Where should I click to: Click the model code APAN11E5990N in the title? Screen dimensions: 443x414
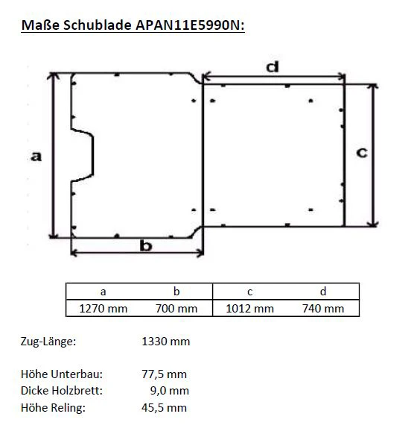(x=189, y=26)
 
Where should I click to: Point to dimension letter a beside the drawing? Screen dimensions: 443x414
(x=35, y=156)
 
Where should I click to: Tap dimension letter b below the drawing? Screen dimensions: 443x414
(x=146, y=245)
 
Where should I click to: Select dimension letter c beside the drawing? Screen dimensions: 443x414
(x=361, y=152)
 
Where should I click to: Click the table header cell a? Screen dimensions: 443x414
(x=103, y=292)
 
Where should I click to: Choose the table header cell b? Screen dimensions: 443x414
(x=176, y=292)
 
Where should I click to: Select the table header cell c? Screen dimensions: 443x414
(x=249, y=292)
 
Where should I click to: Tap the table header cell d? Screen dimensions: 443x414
(x=323, y=292)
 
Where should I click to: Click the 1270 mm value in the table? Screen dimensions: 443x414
(x=103, y=308)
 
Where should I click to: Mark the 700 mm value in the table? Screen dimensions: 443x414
(x=176, y=308)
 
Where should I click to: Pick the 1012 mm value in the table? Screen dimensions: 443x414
(x=249, y=308)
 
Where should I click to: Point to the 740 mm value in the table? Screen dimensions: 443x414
(x=323, y=308)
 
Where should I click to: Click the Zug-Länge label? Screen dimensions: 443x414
(x=48, y=342)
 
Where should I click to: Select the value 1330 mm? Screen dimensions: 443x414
(x=165, y=342)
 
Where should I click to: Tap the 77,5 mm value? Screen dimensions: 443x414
(x=164, y=374)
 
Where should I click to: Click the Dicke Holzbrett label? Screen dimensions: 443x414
(x=61, y=391)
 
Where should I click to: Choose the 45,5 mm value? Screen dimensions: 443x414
(x=164, y=407)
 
